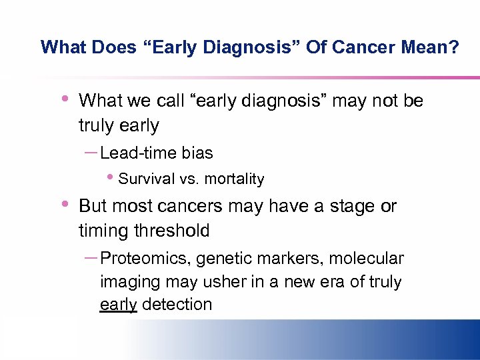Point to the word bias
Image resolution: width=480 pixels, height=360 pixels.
click(197, 153)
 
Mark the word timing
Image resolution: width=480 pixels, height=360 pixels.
click(102, 231)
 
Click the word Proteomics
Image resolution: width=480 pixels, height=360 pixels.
click(142, 259)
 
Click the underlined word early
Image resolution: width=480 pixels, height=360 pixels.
click(118, 305)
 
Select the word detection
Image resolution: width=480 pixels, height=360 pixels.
click(177, 305)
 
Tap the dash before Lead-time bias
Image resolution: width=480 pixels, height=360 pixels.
click(91, 152)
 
